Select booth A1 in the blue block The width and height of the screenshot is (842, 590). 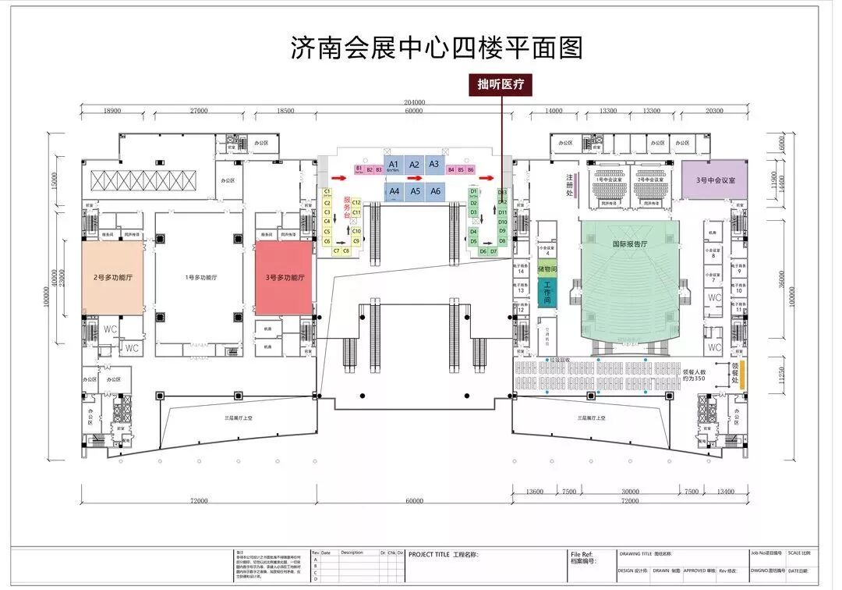[394, 165]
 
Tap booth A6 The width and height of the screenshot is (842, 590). [436, 191]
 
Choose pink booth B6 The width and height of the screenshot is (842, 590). [471, 169]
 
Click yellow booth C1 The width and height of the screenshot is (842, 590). [327, 192]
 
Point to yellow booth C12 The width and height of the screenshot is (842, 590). [356, 203]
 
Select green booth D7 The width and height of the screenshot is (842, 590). [494, 251]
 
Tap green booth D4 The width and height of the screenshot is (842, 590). [473, 231]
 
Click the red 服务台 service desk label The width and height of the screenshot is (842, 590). [346, 208]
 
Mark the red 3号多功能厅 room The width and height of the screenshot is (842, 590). [285, 278]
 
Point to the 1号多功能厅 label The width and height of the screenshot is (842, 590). [200, 278]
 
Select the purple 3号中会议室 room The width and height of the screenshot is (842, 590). [714, 179]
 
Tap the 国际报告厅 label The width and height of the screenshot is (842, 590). [631, 243]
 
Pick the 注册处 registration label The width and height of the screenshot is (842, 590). [570, 187]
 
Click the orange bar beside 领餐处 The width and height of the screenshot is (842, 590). [742, 376]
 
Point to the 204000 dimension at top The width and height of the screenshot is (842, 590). [414, 102]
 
